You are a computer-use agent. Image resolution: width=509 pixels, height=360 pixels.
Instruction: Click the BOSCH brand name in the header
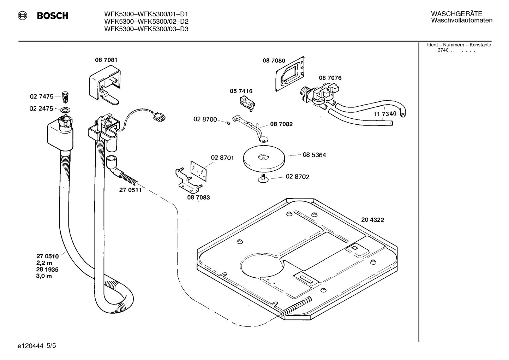click(x=53, y=16)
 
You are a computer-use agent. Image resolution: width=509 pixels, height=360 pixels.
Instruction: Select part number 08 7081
click(x=106, y=60)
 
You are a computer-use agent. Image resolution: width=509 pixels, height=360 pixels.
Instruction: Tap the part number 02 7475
click(x=41, y=96)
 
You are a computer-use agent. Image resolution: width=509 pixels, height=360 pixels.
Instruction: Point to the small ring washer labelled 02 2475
click(x=65, y=109)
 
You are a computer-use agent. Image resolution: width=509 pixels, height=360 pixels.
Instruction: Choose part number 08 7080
click(x=274, y=61)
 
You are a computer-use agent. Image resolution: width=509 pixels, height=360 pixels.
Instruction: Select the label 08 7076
click(x=330, y=78)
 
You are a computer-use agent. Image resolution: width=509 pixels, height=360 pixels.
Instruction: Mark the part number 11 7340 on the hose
click(x=385, y=114)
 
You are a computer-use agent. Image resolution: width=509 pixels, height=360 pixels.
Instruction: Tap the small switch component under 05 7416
click(x=246, y=104)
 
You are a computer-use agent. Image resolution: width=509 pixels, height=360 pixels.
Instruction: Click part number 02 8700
click(x=205, y=119)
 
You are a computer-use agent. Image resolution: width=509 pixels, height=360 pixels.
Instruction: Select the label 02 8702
click(x=297, y=177)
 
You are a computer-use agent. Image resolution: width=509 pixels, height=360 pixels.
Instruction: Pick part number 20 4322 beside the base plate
click(x=372, y=220)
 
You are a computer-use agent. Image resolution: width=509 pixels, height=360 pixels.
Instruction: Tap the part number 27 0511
click(x=130, y=190)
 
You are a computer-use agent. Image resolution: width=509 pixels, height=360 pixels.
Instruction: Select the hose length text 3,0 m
click(x=44, y=276)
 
